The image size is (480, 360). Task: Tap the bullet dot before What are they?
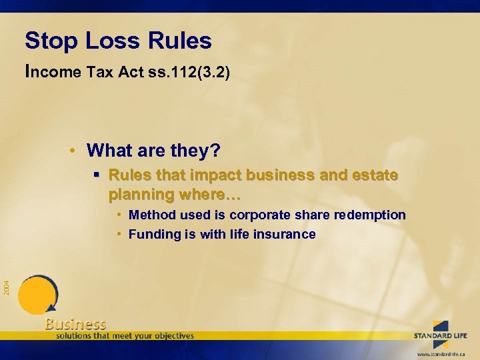click(x=77, y=150)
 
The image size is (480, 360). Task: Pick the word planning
click(x=142, y=196)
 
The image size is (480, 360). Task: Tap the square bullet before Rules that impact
click(x=97, y=176)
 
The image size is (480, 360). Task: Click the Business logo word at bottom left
click(x=75, y=325)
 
